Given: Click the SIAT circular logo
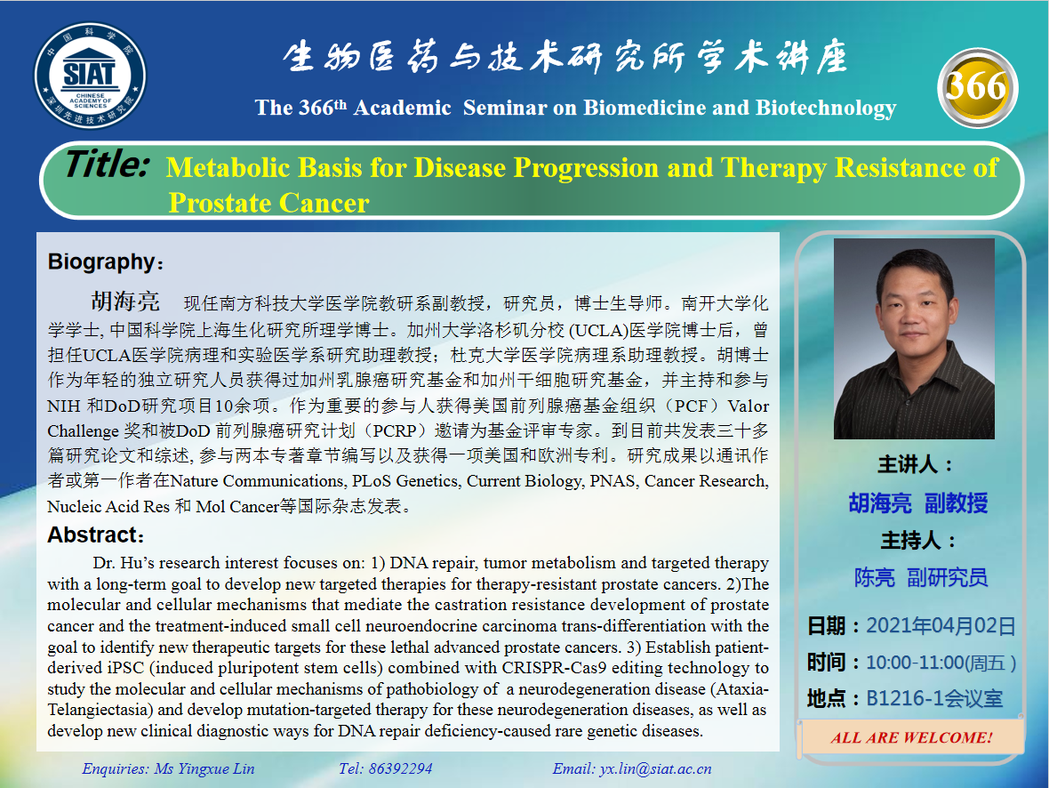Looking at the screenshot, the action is [x=90, y=75].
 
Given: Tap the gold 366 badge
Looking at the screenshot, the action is [x=977, y=87].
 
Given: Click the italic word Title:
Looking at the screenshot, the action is [x=107, y=164].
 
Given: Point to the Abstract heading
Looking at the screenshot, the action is [x=96, y=535].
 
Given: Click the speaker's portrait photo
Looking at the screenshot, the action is [x=914, y=339].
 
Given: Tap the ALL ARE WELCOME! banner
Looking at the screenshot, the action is [x=911, y=738].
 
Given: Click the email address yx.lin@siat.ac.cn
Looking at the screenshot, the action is [x=655, y=768].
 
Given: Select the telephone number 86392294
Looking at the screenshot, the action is [x=400, y=768].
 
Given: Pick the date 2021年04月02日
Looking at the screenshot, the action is [x=941, y=626].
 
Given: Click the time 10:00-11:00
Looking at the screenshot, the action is [x=916, y=662].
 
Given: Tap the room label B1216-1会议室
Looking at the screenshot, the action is [x=934, y=698].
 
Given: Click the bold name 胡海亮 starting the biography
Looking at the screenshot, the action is [x=125, y=302].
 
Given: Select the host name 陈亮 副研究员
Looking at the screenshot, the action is [x=921, y=577].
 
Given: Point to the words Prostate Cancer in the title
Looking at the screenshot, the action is [x=269, y=203].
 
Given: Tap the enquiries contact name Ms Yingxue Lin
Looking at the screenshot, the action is [x=204, y=768].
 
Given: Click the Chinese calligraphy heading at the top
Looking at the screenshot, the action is [x=566, y=57].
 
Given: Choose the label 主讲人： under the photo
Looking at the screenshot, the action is [x=916, y=464].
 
